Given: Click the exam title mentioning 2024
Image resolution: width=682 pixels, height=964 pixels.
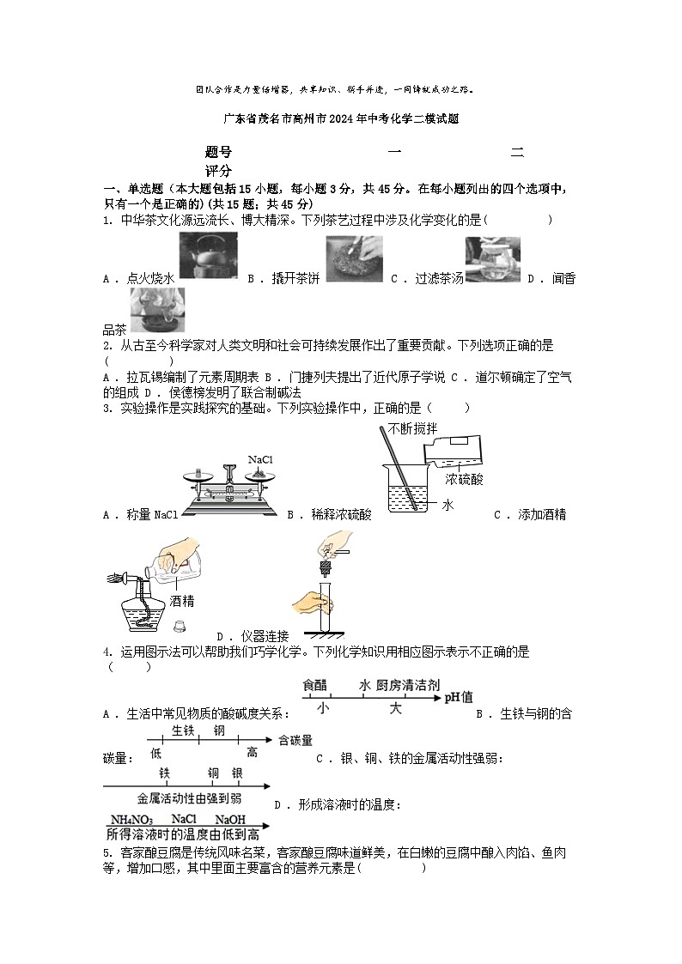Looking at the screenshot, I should (341, 120).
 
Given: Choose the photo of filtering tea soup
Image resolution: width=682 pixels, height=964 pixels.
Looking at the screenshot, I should (492, 259).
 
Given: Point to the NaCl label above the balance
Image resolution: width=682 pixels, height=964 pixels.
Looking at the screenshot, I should (260, 460).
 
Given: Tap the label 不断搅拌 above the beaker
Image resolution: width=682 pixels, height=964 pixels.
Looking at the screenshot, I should (413, 428).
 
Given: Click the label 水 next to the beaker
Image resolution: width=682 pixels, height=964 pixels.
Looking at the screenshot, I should (448, 505).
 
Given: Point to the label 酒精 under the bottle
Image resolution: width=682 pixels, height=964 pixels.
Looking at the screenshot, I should (182, 601).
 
